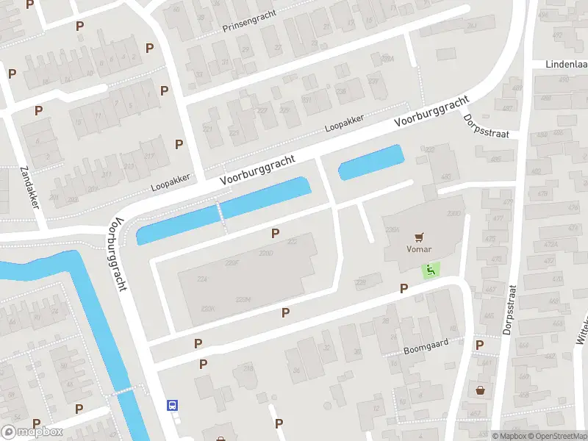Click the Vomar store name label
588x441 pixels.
(x=419, y=248)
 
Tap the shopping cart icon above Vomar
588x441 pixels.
(x=419, y=237)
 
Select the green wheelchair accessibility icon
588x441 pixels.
(x=431, y=270)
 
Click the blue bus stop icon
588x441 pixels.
(x=173, y=405)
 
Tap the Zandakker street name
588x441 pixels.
(x=29, y=187)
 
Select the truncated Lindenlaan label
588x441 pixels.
(x=565, y=65)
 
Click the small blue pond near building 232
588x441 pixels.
(x=370, y=162)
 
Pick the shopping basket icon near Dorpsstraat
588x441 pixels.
(x=480, y=390)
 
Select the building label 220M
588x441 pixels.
(x=243, y=298)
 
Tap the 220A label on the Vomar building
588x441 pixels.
(x=391, y=229)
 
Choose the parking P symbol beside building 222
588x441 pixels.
(x=276, y=233)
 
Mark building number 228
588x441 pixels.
(x=360, y=282)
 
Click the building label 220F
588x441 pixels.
(x=233, y=262)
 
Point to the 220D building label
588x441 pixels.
(x=266, y=254)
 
